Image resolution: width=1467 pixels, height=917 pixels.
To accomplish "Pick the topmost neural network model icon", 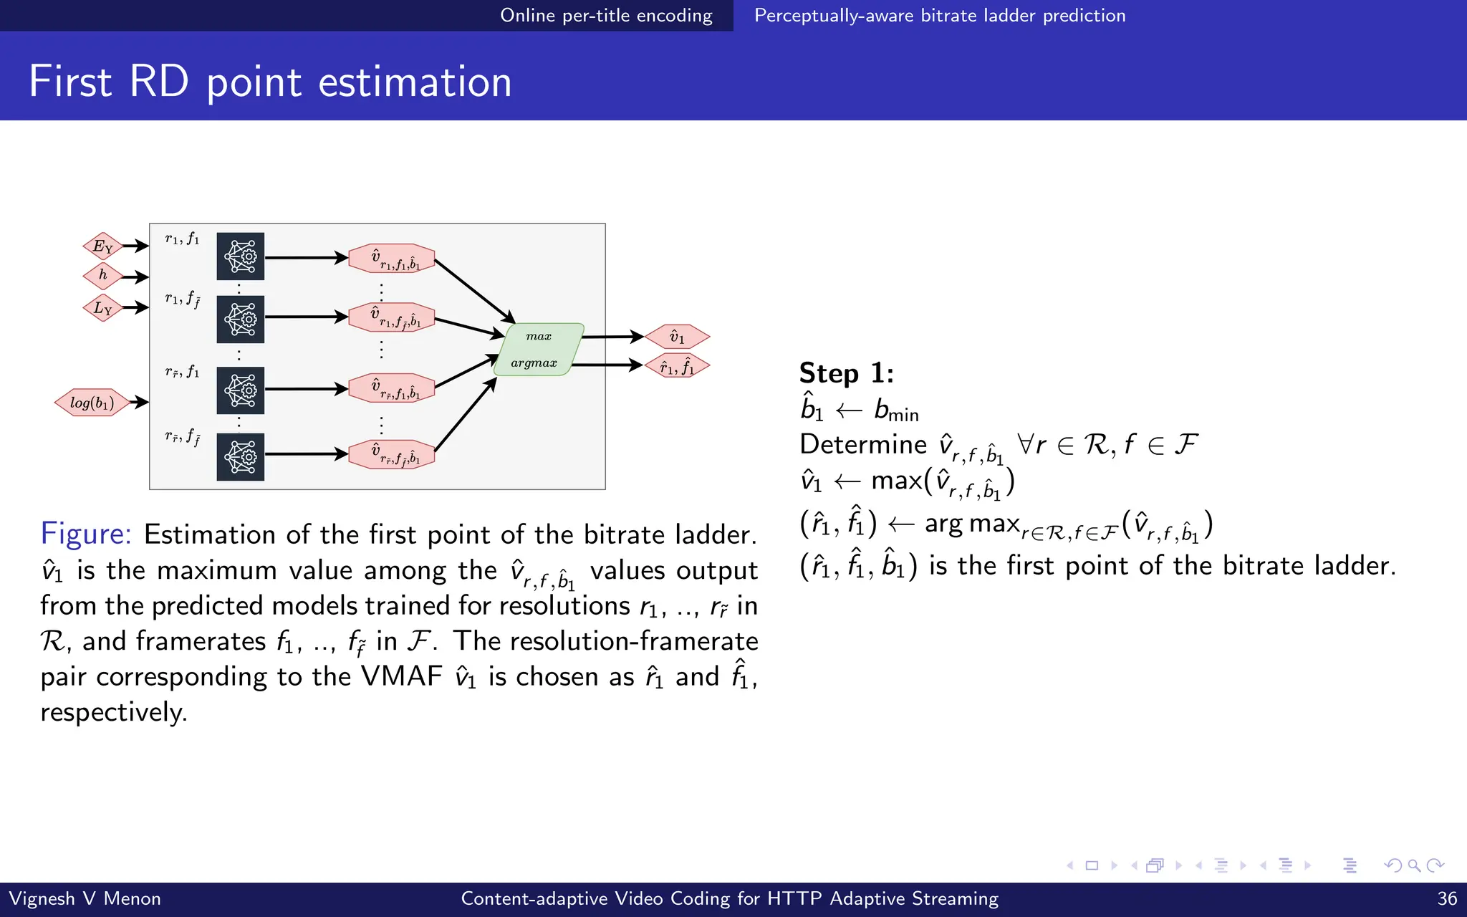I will coord(241,256).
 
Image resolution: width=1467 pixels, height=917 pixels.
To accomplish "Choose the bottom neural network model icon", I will coord(241,456).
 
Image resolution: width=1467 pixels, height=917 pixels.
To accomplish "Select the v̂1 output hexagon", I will coord(677,337).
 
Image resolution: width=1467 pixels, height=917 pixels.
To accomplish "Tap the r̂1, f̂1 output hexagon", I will coord(677,367).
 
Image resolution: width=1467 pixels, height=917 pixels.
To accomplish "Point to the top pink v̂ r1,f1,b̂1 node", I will coord(392,259).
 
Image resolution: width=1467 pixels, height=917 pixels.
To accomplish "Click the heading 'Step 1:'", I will coord(846,373).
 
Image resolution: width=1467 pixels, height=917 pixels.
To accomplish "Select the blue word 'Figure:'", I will coord(86,534).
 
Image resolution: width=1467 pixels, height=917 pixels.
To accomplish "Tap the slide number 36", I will coord(1447,899).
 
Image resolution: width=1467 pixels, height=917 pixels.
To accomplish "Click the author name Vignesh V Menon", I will coord(85,899).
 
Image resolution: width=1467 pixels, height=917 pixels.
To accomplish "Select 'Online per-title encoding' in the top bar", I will coord(606,15).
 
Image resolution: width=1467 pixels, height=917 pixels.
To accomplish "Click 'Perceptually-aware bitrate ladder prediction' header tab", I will coord(940,15).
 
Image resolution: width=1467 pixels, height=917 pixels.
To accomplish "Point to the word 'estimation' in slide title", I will coord(415,82).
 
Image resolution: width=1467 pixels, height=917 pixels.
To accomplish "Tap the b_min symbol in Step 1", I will coord(895,411).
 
